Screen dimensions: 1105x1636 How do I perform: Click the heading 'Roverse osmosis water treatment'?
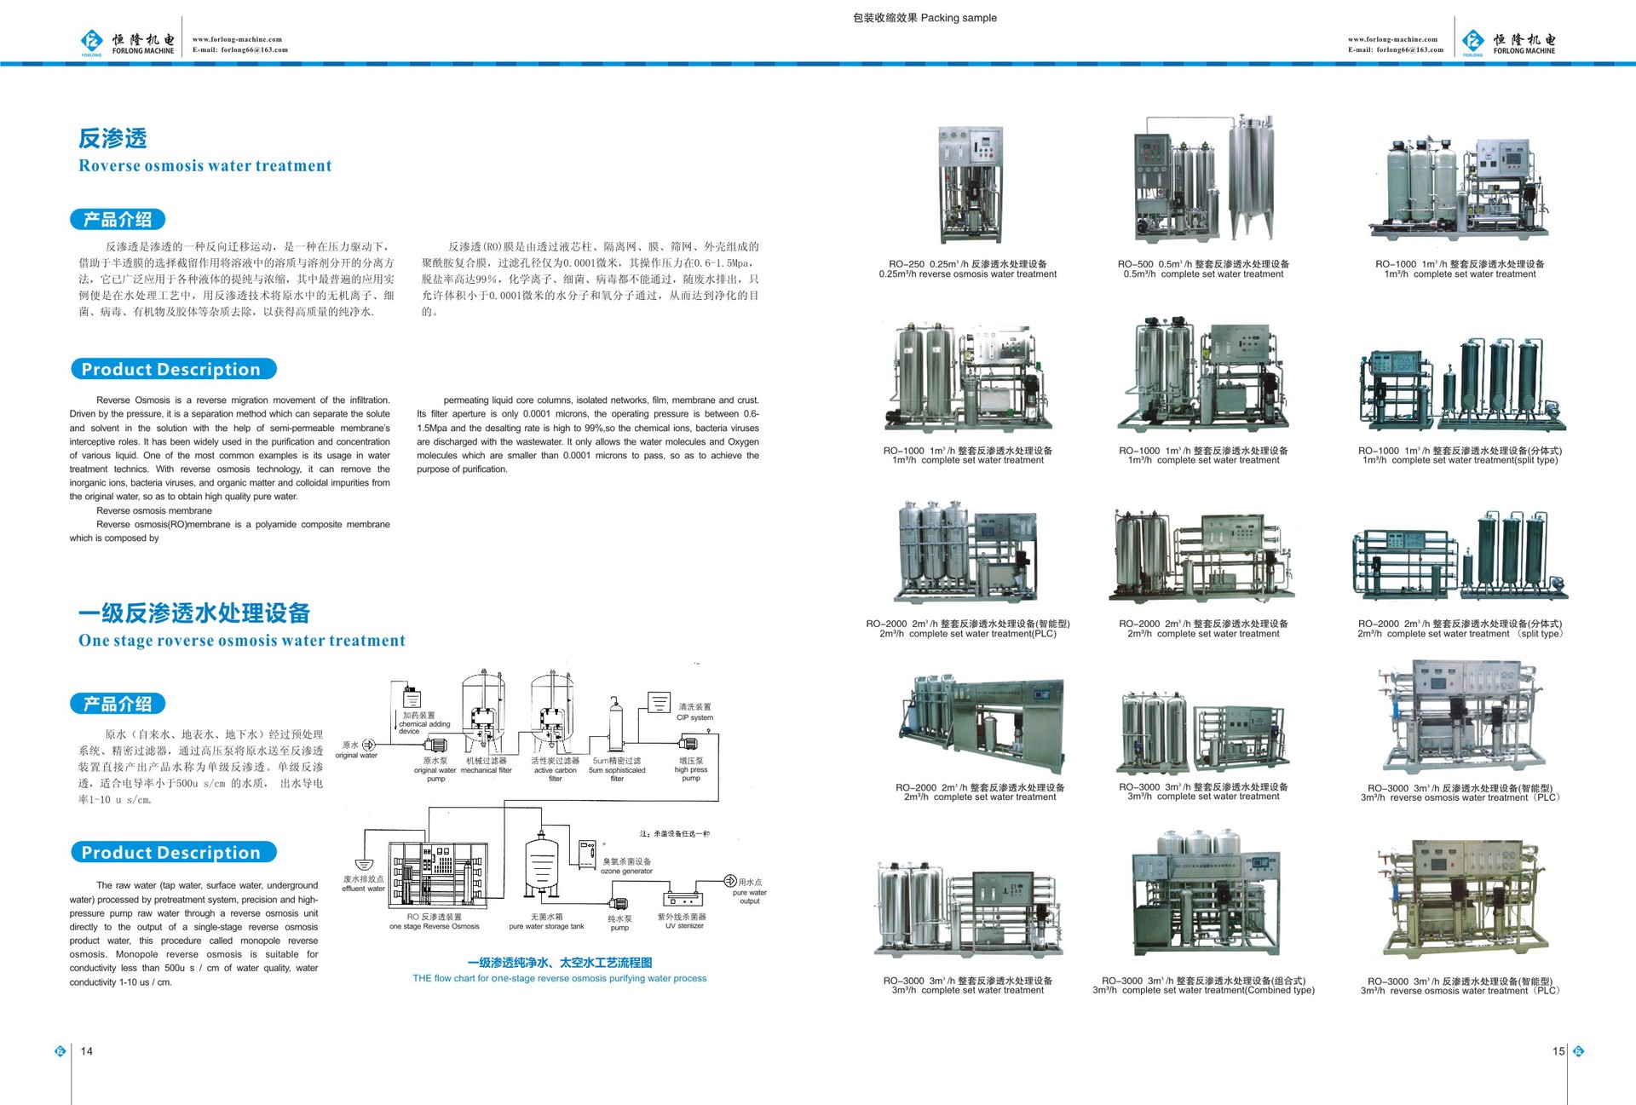[204, 166]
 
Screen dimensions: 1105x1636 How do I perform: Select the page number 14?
[87, 1051]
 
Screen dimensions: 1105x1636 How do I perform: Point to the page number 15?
[1558, 1051]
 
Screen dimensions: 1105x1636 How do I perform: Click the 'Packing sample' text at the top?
[958, 18]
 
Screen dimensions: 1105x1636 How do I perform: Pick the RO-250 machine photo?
[970, 185]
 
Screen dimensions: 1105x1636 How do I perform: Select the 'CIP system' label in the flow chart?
[694, 717]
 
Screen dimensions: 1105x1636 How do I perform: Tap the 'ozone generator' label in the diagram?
[626, 871]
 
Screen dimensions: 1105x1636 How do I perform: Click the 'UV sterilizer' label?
[684, 926]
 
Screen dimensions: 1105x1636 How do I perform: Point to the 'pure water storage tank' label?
[546, 927]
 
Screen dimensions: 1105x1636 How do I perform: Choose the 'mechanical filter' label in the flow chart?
[486, 770]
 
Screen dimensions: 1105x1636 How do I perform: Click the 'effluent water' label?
[363, 889]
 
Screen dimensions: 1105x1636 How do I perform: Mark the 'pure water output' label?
[750, 896]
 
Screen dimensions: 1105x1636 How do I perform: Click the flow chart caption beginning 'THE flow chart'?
[559, 978]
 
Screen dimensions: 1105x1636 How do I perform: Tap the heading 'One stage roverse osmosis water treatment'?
[241, 641]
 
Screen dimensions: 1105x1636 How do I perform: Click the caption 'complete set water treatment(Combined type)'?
[1203, 990]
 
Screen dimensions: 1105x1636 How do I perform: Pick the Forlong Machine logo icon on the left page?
[91, 41]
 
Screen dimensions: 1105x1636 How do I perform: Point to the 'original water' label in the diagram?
[356, 756]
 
